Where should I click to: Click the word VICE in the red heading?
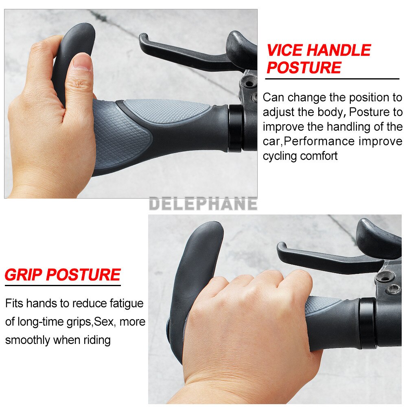(x=284, y=50)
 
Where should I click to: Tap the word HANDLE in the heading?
(x=338, y=50)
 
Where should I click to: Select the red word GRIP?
(x=23, y=275)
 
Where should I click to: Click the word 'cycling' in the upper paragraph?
(x=280, y=156)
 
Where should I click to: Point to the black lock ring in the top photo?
(x=235, y=128)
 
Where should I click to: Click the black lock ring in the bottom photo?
(x=367, y=323)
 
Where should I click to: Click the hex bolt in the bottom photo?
(x=393, y=289)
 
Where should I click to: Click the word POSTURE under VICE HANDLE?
(x=304, y=68)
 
